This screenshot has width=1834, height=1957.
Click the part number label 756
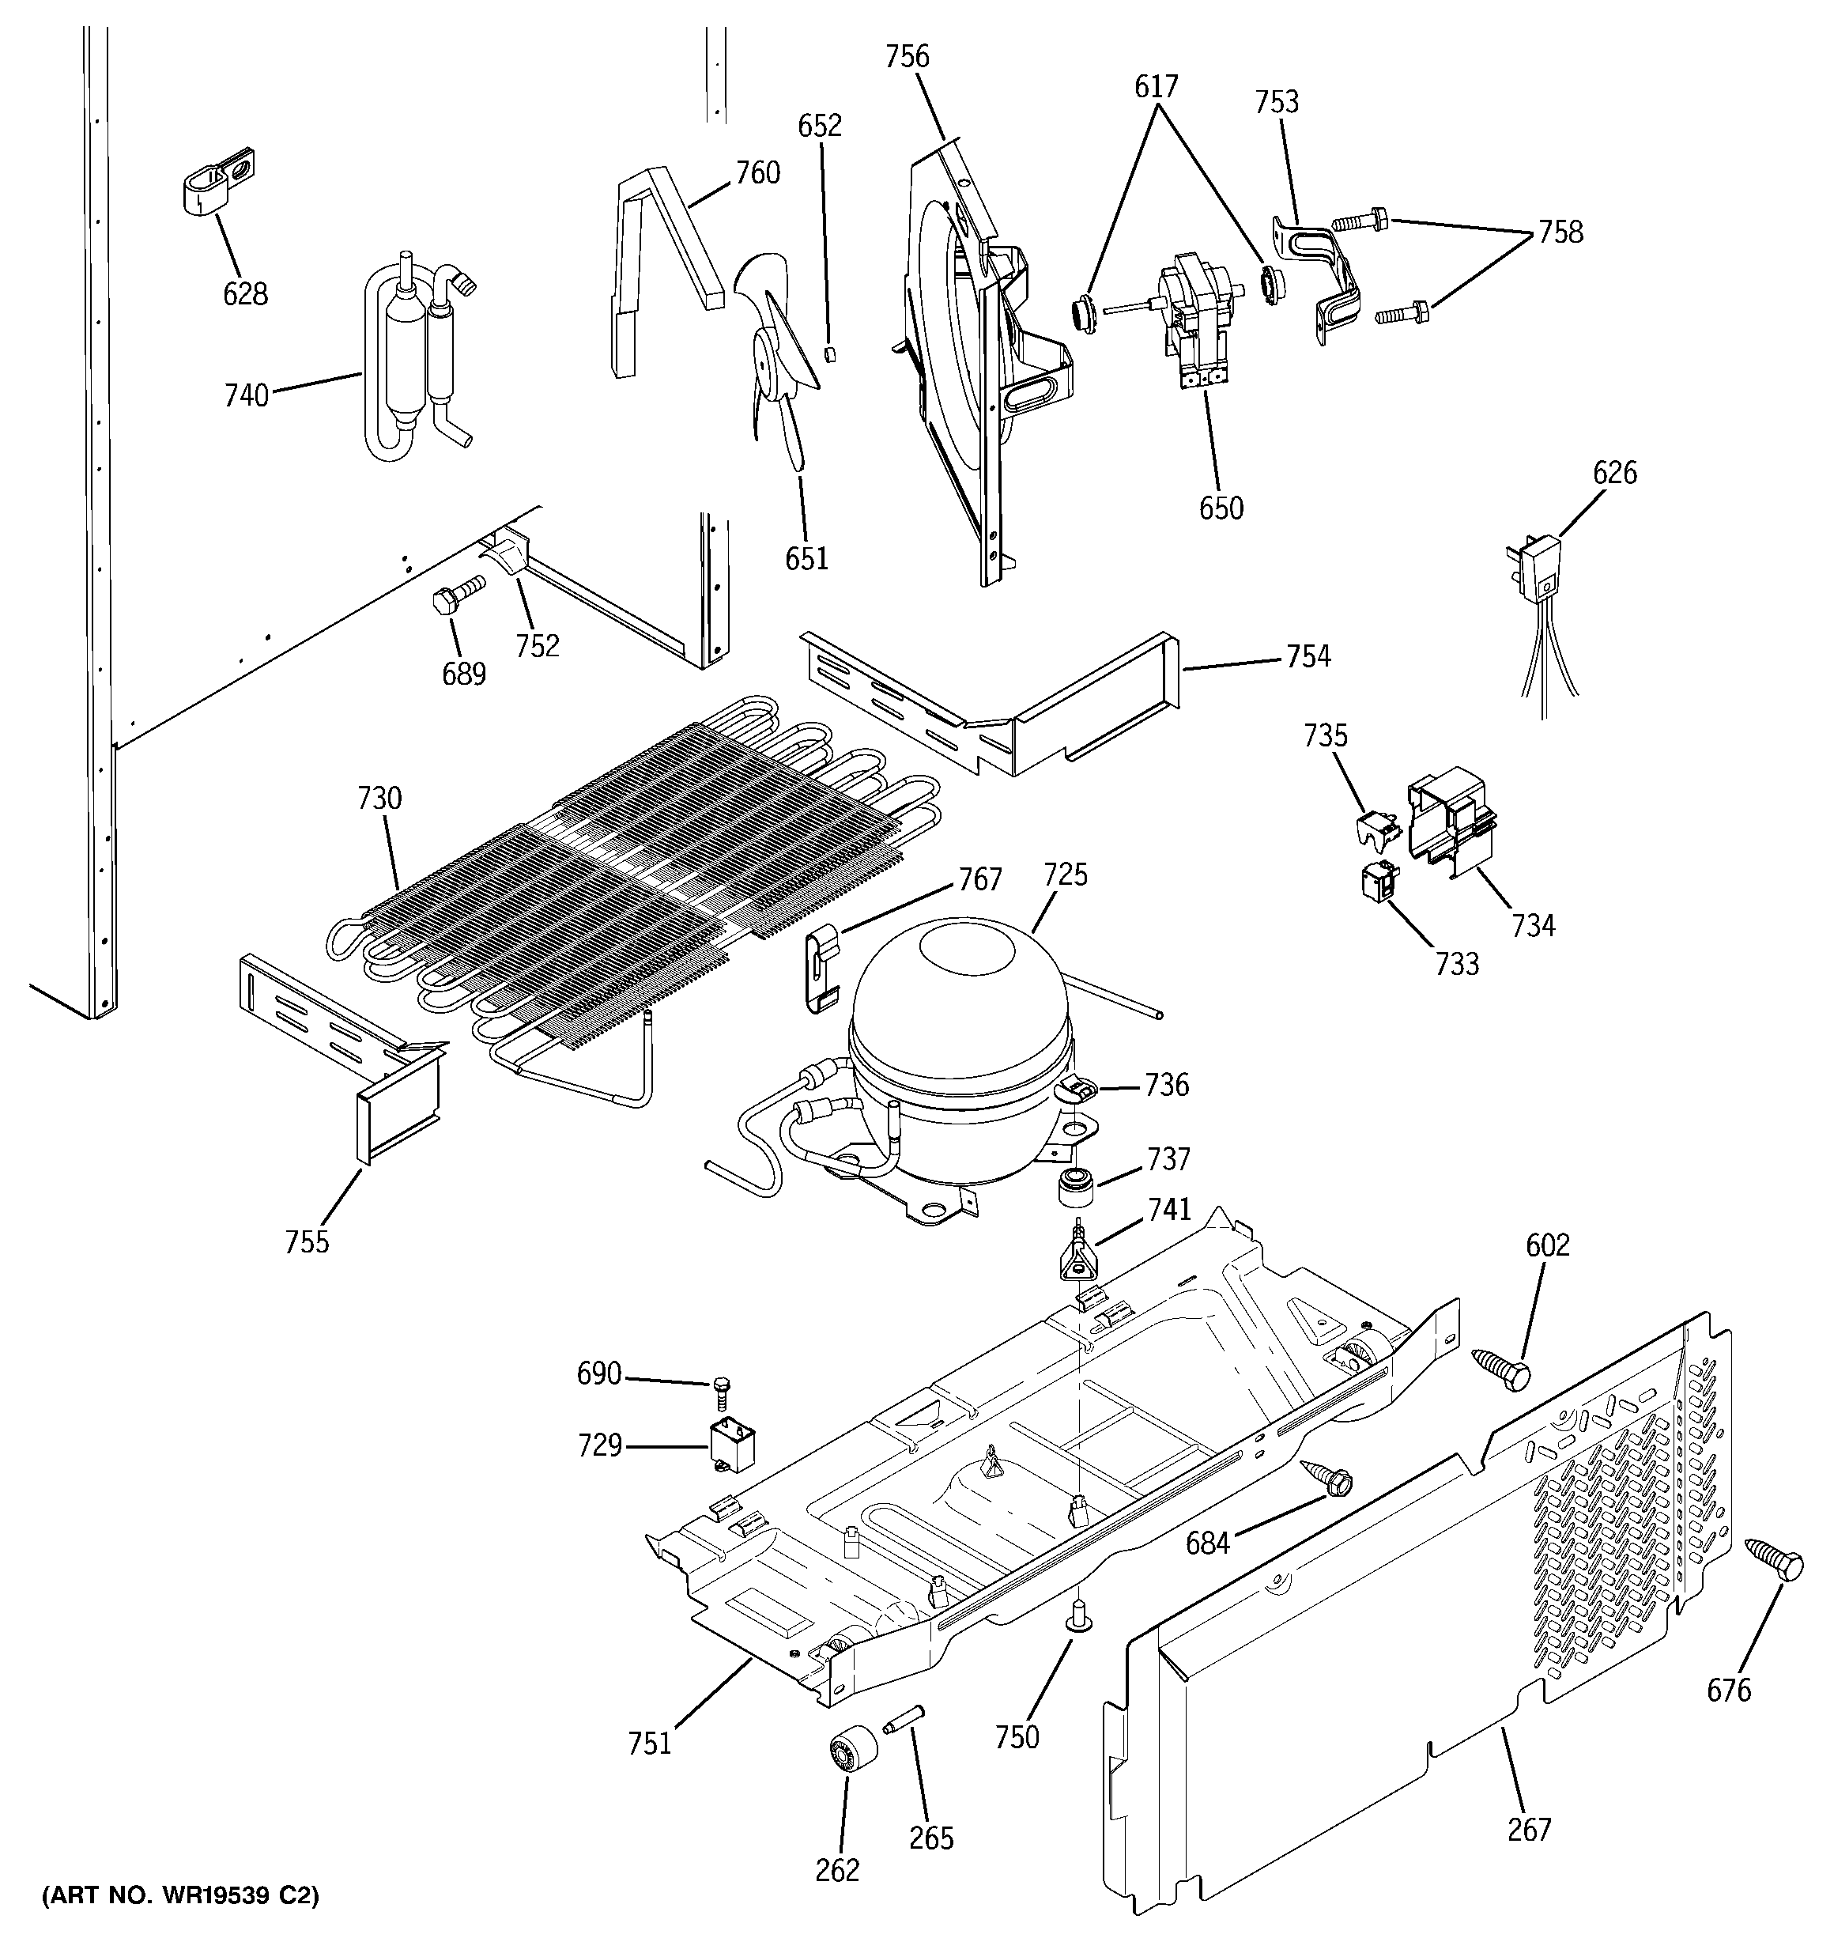pyautogui.click(x=906, y=57)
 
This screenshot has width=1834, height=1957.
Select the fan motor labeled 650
pyautogui.click(x=1195, y=315)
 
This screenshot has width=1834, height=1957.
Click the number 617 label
pyautogui.click(x=1156, y=87)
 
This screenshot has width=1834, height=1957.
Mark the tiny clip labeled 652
pyautogui.click(x=830, y=353)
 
